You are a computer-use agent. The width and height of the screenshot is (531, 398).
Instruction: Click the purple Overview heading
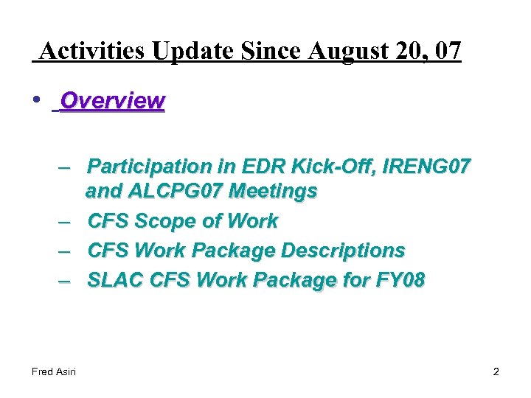(x=112, y=100)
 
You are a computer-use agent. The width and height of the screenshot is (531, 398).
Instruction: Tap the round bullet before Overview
(x=37, y=100)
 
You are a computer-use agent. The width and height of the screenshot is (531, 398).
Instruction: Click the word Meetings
(x=273, y=192)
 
